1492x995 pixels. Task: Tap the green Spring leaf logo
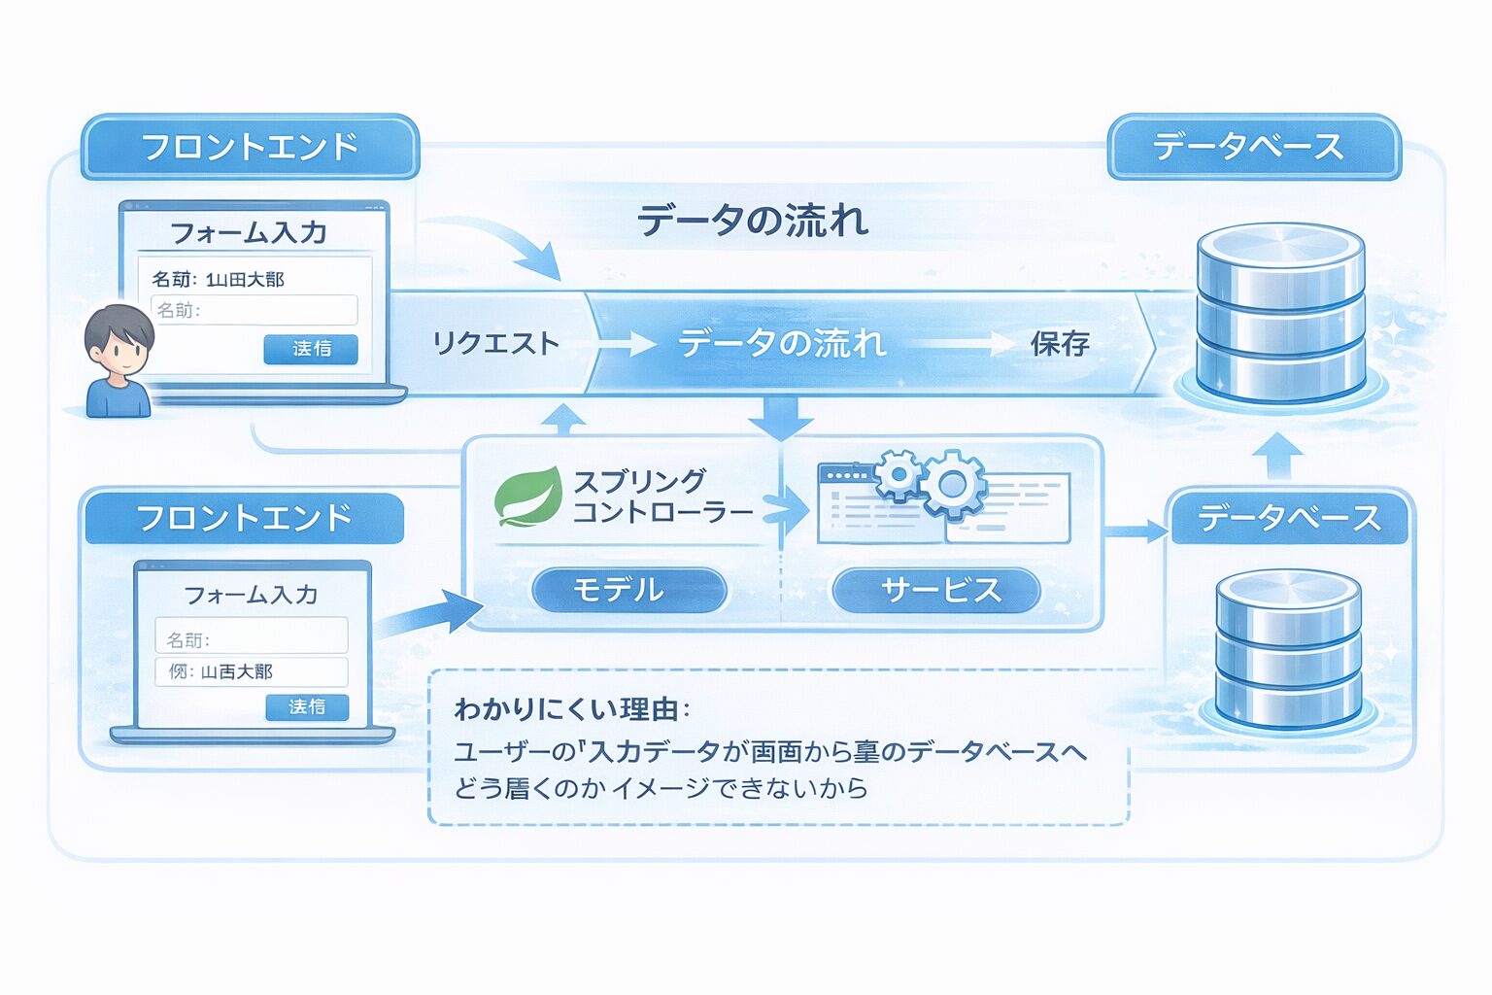click(527, 497)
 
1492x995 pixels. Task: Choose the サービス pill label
click(937, 590)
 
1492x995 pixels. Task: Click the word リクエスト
click(496, 344)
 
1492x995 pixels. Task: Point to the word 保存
click(1060, 344)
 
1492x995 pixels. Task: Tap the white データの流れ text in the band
click(782, 344)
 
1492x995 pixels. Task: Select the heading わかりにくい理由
click(571, 708)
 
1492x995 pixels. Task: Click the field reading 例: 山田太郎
click(251, 671)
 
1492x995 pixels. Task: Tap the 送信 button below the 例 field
click(307, 706)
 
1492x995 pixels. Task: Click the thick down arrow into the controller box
click(781, 418)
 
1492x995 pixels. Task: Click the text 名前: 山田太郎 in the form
click(218, 280)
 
